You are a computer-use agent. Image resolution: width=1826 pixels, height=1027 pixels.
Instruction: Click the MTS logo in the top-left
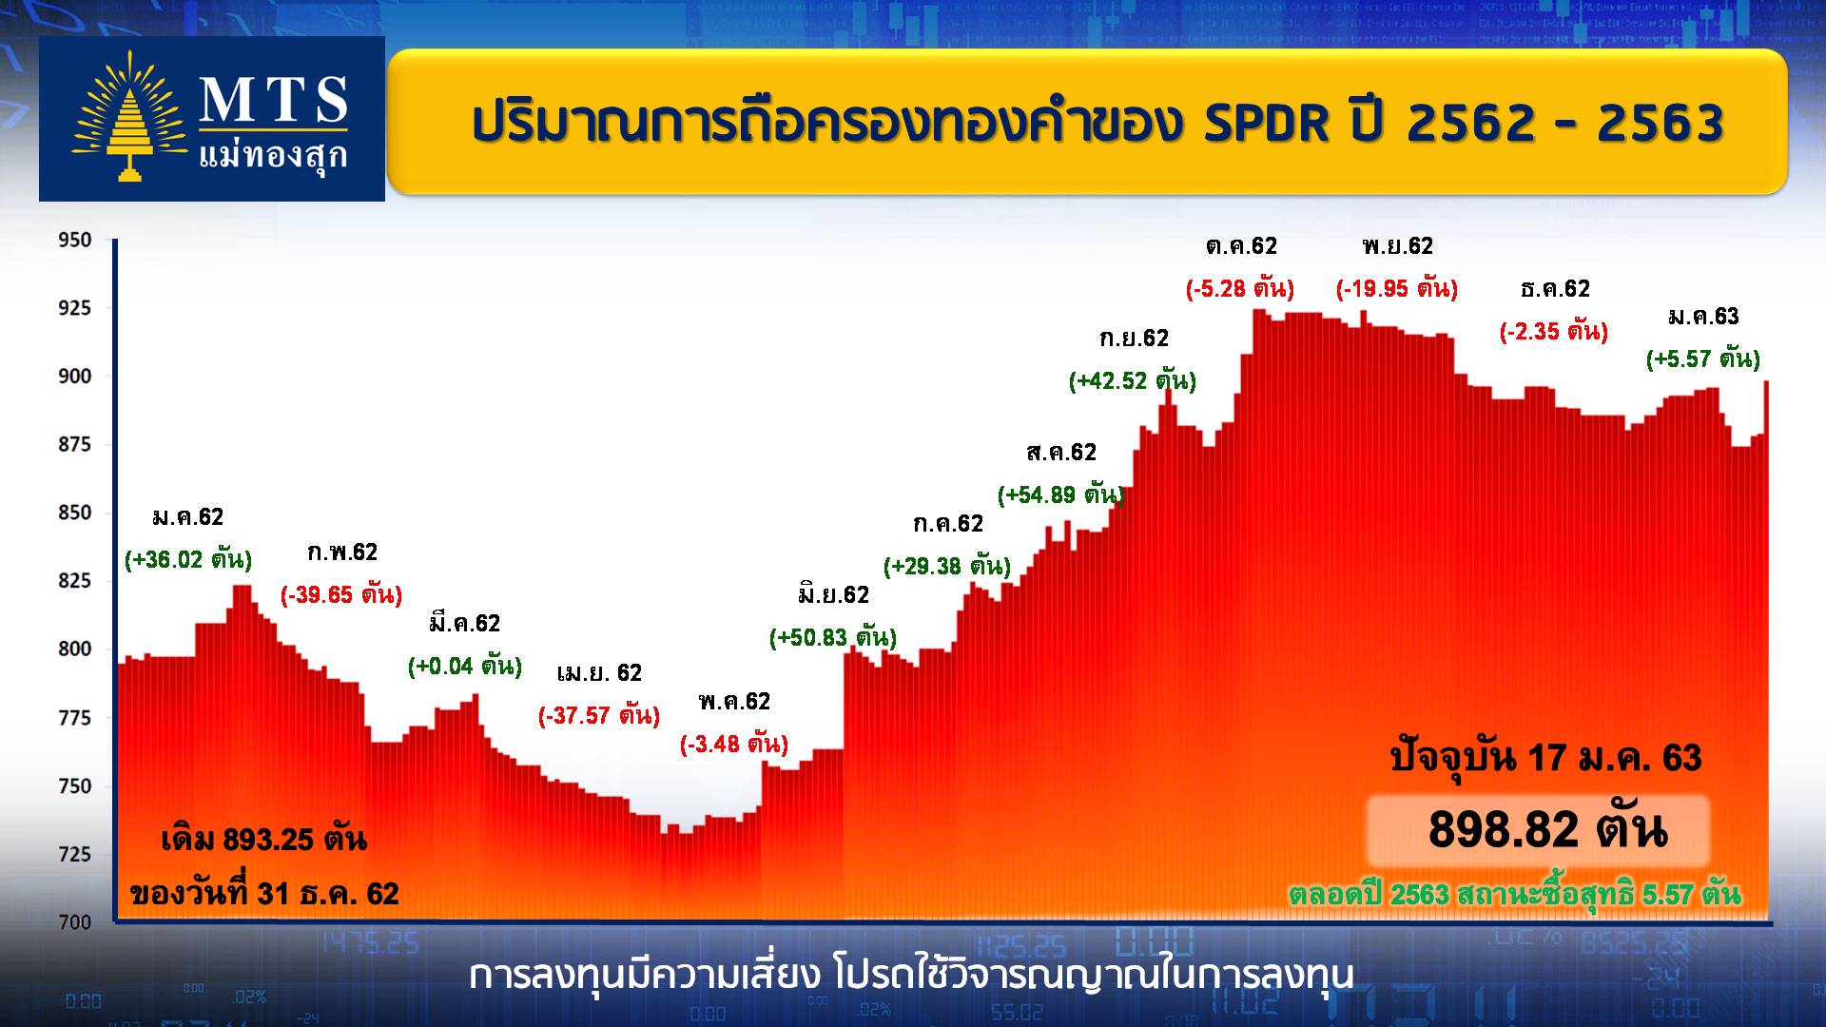click(211, 119)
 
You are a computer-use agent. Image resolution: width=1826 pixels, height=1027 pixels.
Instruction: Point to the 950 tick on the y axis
click(75, 241)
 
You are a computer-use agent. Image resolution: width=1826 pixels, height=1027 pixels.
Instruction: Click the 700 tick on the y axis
click(75, 921)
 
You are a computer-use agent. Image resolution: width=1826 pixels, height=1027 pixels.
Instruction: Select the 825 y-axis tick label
click(75, 581)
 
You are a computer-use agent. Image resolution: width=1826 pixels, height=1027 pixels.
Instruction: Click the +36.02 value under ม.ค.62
click(188, 559)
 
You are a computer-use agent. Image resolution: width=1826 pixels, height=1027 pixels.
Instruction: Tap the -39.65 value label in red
click(341, 595)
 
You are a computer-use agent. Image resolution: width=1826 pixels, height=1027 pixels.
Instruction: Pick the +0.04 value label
click(465, 666)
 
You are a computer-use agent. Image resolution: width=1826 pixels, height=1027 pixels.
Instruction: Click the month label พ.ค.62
click(733, 702)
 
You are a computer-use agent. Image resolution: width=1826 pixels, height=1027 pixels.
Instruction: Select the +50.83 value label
click(833, 637)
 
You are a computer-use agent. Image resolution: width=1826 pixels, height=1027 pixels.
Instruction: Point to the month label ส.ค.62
click(1061, 453)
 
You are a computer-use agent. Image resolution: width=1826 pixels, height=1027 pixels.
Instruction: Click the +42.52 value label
click(1133, 381)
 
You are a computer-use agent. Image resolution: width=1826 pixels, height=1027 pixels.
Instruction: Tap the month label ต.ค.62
click(1241, 246)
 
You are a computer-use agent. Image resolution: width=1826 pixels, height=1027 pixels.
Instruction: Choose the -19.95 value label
click(1397, 287)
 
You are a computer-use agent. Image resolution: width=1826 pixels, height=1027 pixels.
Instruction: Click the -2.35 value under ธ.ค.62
click(1554, 332)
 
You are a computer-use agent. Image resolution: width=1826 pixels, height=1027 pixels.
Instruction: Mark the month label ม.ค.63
click(1703, 317)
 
